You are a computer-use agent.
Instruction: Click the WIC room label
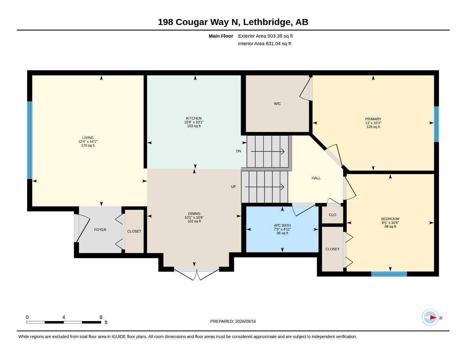point(277,104)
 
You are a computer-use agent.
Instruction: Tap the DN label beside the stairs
point(238,151)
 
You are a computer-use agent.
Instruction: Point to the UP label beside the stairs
point(233,187)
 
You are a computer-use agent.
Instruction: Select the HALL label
point(316,178)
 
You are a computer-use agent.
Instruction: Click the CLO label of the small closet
point(332,215)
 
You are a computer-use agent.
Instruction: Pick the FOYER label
point(100,230)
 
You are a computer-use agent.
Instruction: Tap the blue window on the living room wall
point(30,140)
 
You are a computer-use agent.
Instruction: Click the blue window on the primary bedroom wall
point(436,124)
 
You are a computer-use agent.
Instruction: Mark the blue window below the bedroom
point(389,274)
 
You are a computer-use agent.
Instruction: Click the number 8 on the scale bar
point(101,317)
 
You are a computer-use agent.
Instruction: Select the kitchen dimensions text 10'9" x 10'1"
point(194,122)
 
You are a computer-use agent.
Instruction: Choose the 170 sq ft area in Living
point(88,146)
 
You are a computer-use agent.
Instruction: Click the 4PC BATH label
point(282,225)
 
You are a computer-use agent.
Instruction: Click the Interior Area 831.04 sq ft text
point(264,44)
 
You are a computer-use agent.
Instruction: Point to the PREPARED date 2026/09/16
point(245,321)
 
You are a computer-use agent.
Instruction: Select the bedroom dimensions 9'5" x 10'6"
point(390,223)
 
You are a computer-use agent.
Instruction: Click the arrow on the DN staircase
point(268,152)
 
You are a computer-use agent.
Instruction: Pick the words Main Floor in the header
point(221,36)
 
